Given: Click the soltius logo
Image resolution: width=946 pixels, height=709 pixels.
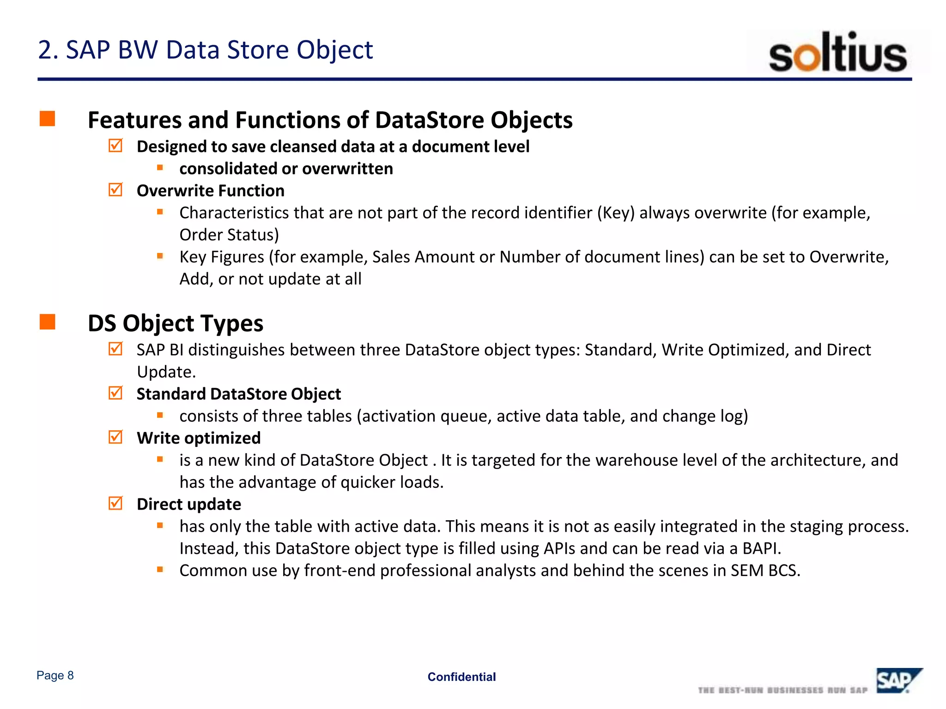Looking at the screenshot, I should tap(837, 53).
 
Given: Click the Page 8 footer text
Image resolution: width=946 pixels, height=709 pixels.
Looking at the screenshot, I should tap(55, 675).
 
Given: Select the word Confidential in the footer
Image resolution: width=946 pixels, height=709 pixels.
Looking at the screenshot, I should tap(461, 677).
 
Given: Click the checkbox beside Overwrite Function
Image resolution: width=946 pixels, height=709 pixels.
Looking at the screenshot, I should tap(115, 190).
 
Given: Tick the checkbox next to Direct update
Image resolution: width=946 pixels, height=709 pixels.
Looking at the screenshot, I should tap(115, 503).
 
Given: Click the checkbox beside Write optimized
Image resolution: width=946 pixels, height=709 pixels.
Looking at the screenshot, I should tap(115, 437).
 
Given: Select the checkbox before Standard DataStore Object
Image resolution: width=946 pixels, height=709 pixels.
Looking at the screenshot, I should tap(115, 393).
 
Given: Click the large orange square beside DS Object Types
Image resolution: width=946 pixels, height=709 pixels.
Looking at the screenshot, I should tap(47, 322).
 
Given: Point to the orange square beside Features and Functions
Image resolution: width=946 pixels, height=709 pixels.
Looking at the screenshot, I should tap(47, 119).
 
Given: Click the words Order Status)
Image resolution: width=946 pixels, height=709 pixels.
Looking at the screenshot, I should tap(229, 235).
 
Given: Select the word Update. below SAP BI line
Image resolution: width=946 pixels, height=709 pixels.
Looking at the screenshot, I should tap(166, 372).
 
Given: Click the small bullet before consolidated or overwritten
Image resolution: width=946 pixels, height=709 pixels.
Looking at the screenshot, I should tap(160, 168).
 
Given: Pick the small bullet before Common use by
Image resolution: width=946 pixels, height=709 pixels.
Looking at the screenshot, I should tap(160, 570).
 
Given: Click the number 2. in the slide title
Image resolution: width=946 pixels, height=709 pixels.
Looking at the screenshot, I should tap(48, 50).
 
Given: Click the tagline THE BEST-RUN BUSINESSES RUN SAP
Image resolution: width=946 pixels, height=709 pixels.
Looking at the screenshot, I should tap(782, 690).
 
